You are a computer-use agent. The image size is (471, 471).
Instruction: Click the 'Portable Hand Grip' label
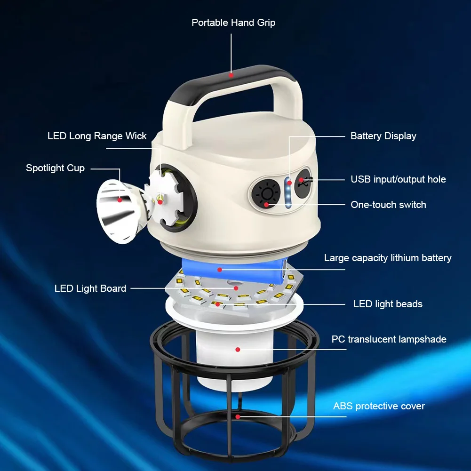point(233,23)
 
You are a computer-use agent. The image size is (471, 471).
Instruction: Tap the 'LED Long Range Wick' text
point(97,136)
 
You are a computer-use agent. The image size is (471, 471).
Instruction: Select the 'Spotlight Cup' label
point(55,168)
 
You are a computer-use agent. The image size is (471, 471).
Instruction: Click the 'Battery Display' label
point(383,136)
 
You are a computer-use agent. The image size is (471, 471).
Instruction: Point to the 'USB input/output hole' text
point(399,179)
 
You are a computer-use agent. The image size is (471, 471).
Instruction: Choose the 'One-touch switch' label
point(388,205)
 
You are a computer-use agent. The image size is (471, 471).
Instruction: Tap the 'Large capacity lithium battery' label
point(388,258)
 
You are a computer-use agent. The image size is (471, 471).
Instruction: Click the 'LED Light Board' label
point(90,288)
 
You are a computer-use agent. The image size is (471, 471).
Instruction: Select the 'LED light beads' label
point(388,304)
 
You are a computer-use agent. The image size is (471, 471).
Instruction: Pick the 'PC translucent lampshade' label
point(389,339)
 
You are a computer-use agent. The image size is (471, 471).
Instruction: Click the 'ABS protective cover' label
point(379,407)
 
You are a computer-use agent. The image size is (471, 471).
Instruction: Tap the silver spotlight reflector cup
point(119,211)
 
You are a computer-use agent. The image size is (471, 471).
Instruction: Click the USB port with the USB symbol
point(303,183)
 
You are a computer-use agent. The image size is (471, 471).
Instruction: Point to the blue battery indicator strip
point(288,192)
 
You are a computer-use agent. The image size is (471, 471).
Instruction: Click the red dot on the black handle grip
point(231,75)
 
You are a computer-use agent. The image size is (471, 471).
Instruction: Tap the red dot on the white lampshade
point(238,350)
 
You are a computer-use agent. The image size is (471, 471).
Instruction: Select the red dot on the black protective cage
point(238,417)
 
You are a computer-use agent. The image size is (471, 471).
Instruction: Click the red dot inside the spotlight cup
point(120,200)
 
